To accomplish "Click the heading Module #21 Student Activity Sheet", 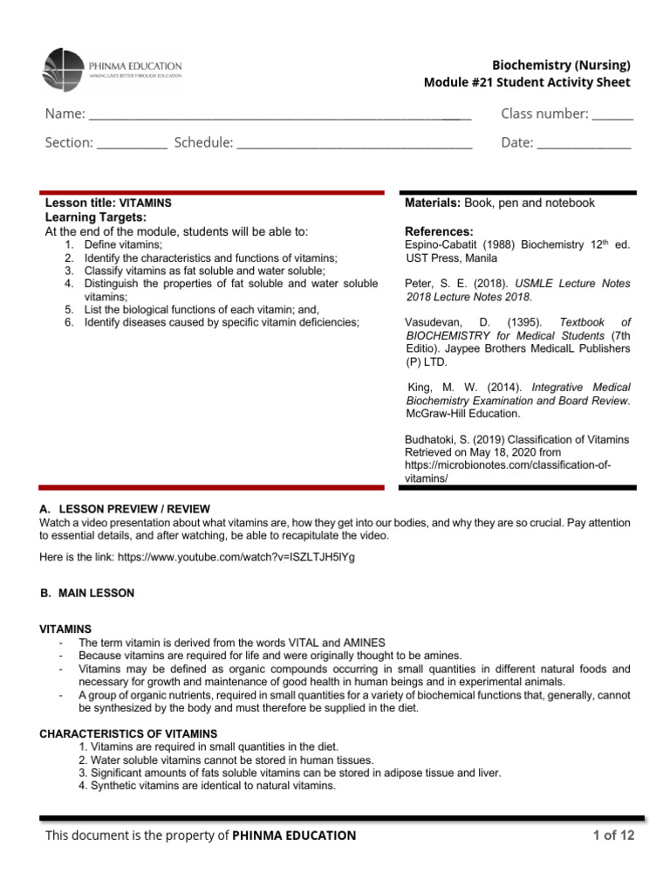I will pos(526,83).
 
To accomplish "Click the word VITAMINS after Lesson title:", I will pos(145,203).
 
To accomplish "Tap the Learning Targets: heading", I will pos(95,217).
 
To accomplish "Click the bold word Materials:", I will pos(433,203).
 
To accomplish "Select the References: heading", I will pos(440,231).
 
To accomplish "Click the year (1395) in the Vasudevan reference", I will pos(520,321).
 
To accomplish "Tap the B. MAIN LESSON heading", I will pos(87,593).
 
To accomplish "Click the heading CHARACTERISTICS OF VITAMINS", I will pos(128,734).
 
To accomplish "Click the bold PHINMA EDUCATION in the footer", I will pos(294,836).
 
